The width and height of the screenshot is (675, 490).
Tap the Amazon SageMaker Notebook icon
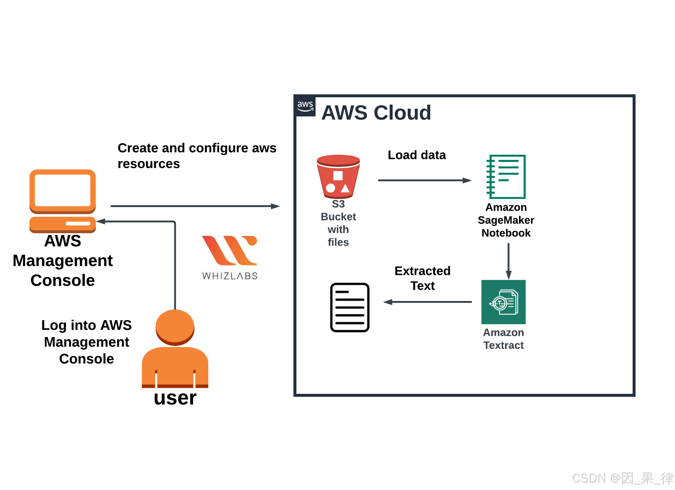(506, 177)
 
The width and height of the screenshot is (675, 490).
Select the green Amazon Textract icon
(503, 302)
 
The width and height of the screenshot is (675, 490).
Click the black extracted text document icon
(349, 307)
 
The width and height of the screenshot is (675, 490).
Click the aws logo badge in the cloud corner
(305, 106)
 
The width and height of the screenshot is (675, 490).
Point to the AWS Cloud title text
(376, 112)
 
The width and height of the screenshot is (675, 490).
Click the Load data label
(417, 155)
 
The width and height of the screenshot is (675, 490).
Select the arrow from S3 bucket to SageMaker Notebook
(424, 181)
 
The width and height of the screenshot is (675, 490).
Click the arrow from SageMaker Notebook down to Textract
(508, 260)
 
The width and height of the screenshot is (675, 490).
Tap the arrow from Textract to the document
(428, 302)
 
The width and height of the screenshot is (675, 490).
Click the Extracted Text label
(422, 278)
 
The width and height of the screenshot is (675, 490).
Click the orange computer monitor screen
(63, 190)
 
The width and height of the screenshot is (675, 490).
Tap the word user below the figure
(175, 398)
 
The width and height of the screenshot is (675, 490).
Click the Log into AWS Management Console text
(86, 342)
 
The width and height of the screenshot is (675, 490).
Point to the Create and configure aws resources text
(196, 155)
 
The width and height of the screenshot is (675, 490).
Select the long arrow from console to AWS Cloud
(195, 206)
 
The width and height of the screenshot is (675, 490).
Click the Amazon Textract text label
(503, 339)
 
